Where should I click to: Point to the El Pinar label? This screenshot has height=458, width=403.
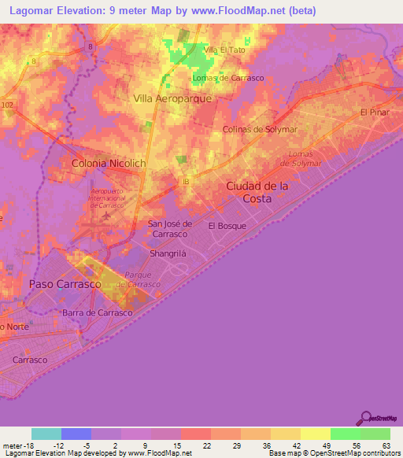[375, 113]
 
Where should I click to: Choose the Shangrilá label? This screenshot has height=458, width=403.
[168, 254]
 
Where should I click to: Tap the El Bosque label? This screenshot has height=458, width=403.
[227, 226]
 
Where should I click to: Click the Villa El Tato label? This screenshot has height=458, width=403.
[220, 50]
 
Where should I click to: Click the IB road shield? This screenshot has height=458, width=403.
[186, 182]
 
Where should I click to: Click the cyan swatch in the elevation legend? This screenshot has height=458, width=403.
[46, 434]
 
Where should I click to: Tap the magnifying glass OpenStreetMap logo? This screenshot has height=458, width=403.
[364, 418]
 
